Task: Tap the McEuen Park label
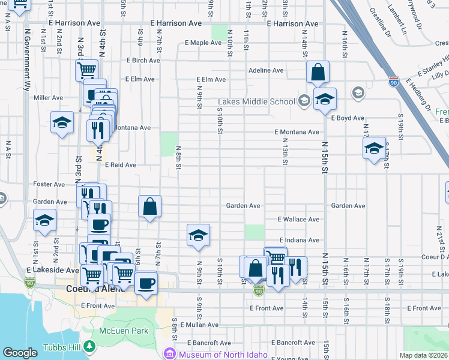124,331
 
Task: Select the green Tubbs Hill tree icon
89,346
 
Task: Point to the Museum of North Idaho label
223,354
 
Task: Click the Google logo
20,353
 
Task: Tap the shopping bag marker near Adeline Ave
318,72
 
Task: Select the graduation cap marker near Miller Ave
62,123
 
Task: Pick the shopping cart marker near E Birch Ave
86,70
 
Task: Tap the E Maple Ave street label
203,43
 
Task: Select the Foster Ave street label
49,184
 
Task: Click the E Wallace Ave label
298,220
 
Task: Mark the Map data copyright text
424,355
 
